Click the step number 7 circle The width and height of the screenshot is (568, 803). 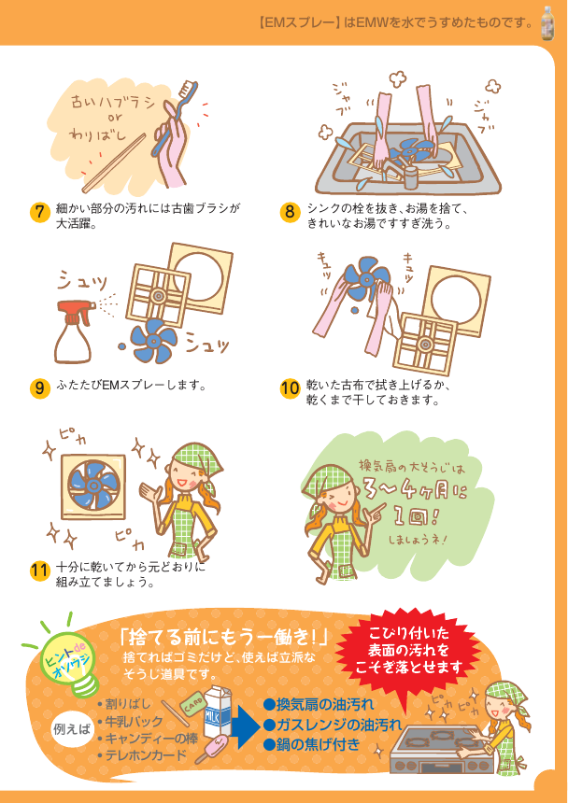coord(39,213)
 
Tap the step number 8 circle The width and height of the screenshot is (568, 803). coord(290,213)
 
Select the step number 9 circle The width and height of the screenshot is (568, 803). coord(39,388)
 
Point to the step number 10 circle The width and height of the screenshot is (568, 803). coord(290,388)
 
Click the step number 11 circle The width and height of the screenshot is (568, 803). coord(39,571)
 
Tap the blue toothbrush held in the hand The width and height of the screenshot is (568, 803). coord(174,117)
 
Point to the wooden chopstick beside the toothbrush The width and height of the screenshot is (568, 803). coord(114,163)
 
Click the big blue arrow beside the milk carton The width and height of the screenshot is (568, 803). coord(245,725)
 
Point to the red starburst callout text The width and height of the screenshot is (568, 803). coord(408,650)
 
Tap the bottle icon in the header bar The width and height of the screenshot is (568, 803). coord(548,23)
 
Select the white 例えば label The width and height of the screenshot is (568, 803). coord(71,729)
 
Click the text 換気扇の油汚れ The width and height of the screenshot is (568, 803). coord(319,705)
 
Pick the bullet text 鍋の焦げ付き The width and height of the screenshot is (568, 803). coord(312,744)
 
